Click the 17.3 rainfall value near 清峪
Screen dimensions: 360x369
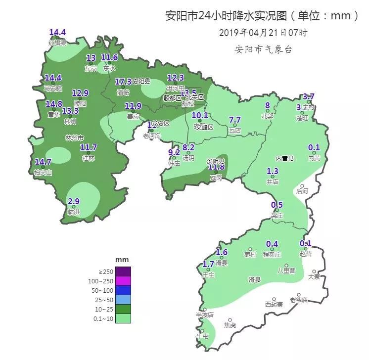click(x=123, y=82)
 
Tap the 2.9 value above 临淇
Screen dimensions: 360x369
click(x=74, y=201)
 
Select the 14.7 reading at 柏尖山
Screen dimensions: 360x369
click(x=43, y=162)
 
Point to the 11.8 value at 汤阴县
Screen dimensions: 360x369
click(x=216, y=168)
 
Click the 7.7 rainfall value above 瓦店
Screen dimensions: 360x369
click(x=235, y=120)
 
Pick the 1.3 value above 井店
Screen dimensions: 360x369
click(x=273, y=172)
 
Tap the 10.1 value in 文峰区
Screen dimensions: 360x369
click(x=200, y=116)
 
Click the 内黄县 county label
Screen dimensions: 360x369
click(x=285, y=158)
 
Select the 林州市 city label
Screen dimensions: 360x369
click(x=74, y=137)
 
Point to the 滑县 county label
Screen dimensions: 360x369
click(x=254, y=279)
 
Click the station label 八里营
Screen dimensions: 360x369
click(x=286, y=271)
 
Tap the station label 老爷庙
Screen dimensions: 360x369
click(x=299, y=300)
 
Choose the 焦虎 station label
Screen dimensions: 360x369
click(x=230, y=325)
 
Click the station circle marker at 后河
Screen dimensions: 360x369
click(x=302, y=186)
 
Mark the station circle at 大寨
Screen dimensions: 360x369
click(x=314, y=271)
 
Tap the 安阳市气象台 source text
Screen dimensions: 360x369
click(x=263, y=49)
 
